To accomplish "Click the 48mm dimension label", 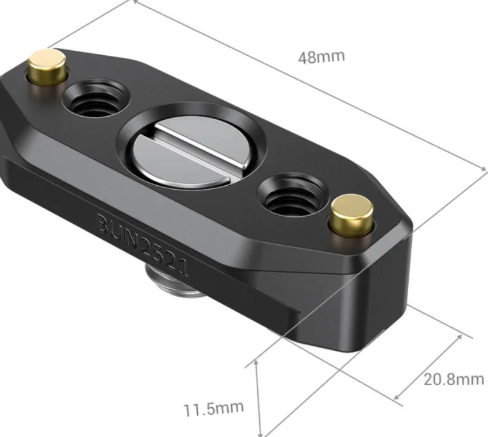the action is point(321,57).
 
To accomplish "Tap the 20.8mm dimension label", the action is point(454,379).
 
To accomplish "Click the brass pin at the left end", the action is point(47,68).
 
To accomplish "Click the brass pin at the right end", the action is point(352,215).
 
